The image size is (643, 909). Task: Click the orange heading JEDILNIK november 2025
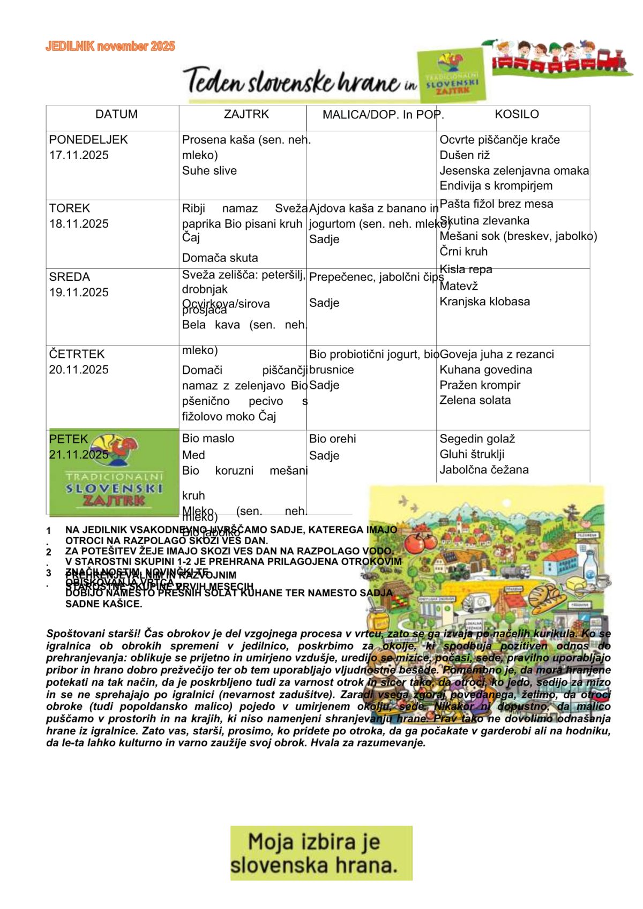click(x=110, y=47)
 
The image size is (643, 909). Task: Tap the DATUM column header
click(x=116, y=114)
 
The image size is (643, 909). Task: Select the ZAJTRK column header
click(x=246, y=114)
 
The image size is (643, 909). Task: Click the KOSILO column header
click(x=517, y=114)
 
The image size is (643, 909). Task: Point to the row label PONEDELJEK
click(x=88, y=140)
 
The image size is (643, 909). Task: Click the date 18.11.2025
click(x=79, y=224)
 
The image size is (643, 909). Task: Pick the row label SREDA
click(x=70, y=277)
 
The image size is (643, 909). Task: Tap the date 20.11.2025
click(x=79, y=370)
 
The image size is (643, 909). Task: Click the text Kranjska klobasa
click(x=484, y=302)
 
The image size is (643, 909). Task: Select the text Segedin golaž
click(x=477, y=439)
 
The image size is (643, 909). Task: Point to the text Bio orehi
click(x=332, y=439)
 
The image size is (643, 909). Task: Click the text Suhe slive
click(x=209, y=171)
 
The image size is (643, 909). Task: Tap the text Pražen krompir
click(x=480, y=385)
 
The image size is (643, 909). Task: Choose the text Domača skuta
click(x=220, y=258)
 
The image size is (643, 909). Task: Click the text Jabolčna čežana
click(x=484, y=470)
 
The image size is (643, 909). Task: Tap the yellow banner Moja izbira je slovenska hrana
click(x=321, y=853)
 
